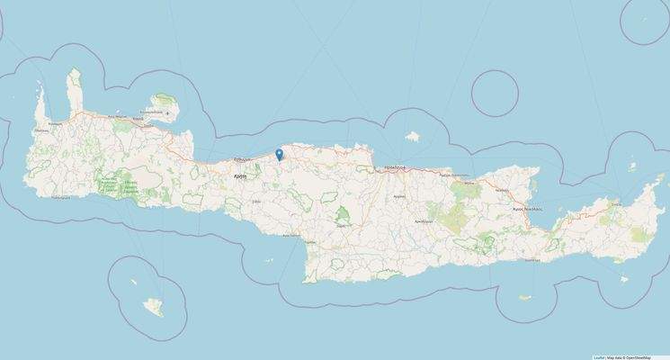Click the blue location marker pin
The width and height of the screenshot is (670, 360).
pos(280,155)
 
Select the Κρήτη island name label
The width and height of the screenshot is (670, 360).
pos(239,177)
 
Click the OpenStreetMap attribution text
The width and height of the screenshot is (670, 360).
pos(648,356)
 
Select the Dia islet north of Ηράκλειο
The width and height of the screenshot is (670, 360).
pos(413,138)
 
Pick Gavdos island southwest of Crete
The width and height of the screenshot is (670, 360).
pos(154,309)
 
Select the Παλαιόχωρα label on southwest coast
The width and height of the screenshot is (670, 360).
pos(62,195)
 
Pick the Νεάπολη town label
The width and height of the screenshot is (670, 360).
pos(502,191)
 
